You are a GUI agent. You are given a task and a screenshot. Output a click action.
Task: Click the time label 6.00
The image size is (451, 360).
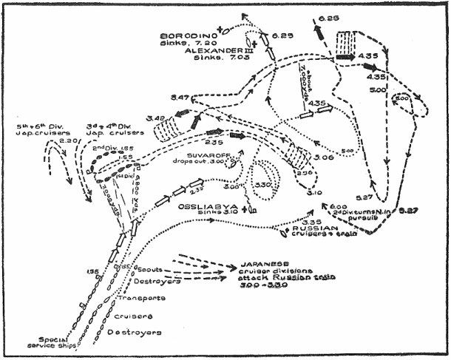click(x=338, y=208)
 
